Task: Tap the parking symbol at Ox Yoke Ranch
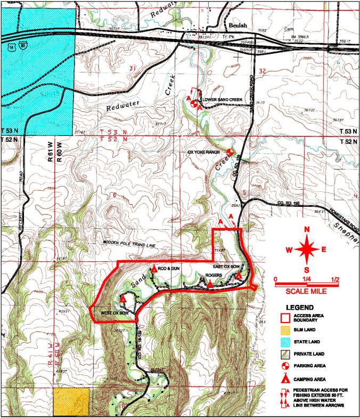click(230, 152)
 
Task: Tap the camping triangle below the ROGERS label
click(210, 284)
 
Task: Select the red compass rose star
click(307, 248)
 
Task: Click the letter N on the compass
click(307, 229)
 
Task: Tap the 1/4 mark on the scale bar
click(307, 278)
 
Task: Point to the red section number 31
click(133, 68)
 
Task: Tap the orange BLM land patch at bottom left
click(72, 403)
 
